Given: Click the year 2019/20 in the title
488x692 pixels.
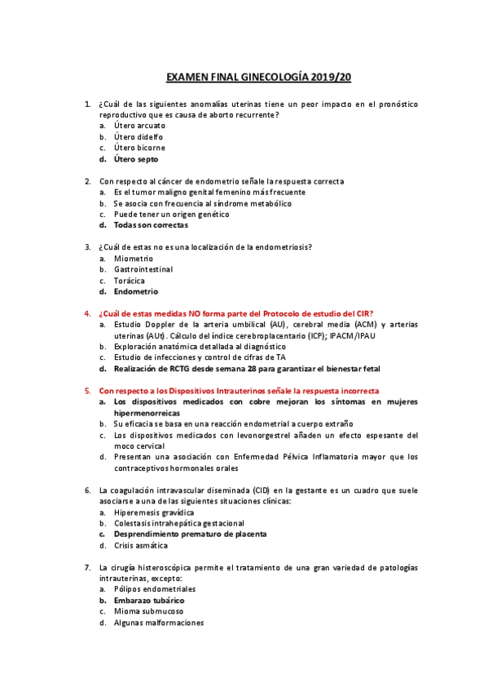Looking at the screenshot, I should (330, 78).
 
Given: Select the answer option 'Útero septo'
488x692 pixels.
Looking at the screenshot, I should (136, 159).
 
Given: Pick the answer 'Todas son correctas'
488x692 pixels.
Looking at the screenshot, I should (151, 225).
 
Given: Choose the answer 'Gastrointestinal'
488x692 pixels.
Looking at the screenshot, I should (143, 269).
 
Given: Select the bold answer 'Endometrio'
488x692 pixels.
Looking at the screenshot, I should (136, 291).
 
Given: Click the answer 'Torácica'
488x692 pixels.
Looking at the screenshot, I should (130, 281).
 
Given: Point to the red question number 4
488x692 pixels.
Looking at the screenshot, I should (87, 313).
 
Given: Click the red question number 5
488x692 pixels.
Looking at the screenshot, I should (87, 391).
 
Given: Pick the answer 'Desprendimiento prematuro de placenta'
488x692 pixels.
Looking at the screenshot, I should (190, 535).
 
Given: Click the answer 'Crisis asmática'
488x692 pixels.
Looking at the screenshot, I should (140, 545).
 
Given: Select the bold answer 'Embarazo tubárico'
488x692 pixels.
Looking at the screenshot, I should (148, 600).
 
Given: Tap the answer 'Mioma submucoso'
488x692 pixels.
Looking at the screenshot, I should (148, 611).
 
